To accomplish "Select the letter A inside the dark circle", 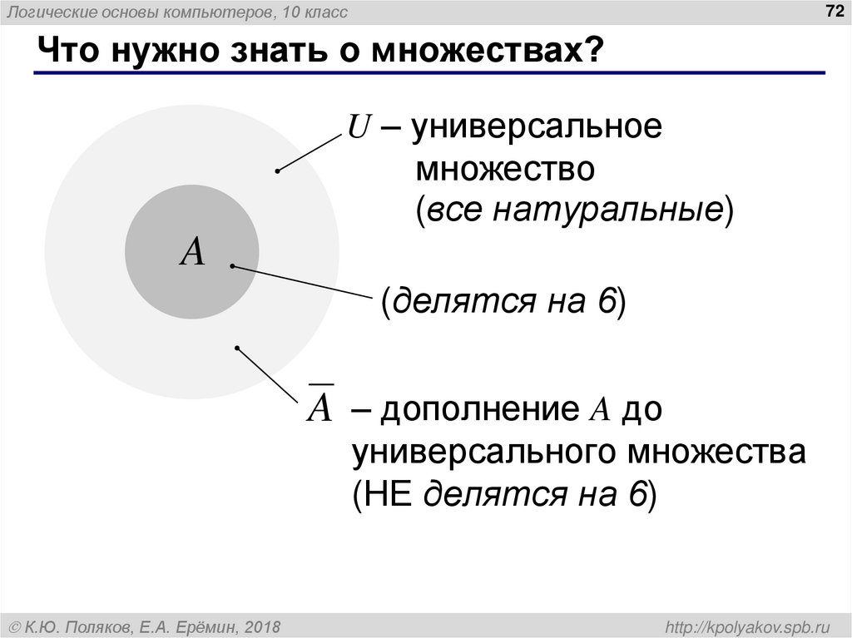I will pos(192,251).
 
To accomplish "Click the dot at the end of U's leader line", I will pos(277,171).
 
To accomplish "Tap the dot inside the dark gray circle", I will pos(232,266).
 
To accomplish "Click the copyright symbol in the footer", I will pos(15,626).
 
